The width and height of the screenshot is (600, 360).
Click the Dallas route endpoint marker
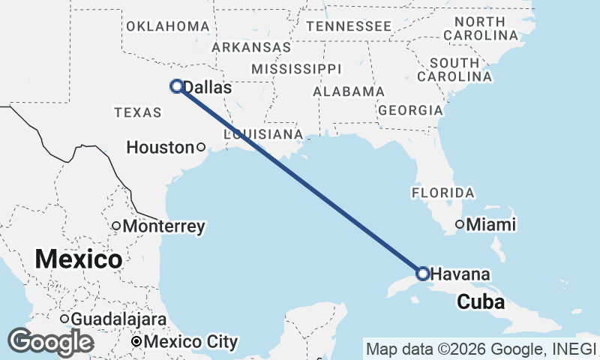(177, 86)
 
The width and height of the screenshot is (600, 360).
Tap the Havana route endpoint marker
(422, 273)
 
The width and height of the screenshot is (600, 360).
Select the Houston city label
(160, 148)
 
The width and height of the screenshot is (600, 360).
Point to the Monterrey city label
(163, 226)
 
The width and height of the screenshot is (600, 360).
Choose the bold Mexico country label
(79, 259)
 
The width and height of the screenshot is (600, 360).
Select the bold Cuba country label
(481, 302)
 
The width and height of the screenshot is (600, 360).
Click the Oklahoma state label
(167, 26)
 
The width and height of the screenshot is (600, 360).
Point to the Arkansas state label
(251, 46)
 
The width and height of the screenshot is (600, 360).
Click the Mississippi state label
(296, 68)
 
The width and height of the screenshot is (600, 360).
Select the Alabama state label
(349, 91)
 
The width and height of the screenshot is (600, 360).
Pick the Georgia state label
(410, 110)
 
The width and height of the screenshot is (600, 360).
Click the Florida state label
(442, 193)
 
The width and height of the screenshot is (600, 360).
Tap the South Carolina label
(454, 69)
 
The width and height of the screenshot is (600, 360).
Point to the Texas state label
(138, 112)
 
